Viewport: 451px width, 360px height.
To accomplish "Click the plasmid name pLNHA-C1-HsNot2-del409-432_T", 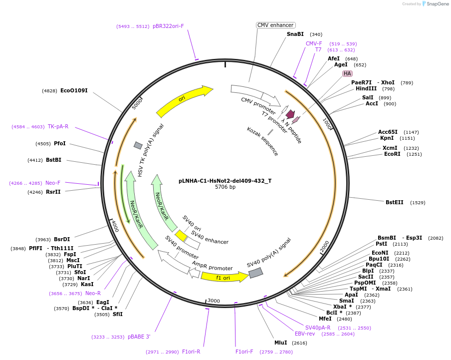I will coord(225,181).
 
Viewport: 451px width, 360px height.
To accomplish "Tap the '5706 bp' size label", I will coord(225,187).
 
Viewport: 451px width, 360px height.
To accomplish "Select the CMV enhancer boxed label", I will coord(276,25).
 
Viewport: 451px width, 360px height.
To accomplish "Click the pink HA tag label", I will coord(347,73).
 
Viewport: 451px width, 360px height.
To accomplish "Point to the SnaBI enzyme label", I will coord(295,34).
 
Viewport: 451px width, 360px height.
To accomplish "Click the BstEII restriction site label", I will coord(395,202).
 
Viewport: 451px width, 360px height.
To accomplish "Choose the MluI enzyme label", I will coord(281,343).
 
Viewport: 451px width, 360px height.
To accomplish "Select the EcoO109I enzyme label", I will coord(74,90).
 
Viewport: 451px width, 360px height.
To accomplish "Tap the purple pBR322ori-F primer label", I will coord(168,26).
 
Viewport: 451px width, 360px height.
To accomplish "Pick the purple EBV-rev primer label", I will coord(305,334).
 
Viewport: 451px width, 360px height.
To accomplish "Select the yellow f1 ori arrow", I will coord(224,277).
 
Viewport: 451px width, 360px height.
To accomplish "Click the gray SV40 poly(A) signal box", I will coord(255,273).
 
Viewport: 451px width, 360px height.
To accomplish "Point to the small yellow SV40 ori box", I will coord(181,235).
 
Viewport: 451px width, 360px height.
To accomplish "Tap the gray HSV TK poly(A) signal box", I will coord(138,145).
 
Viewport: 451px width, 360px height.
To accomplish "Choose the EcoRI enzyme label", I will coord(393,154).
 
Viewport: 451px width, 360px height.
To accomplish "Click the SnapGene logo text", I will coord(438,4).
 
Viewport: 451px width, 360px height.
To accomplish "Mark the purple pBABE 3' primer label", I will coord(139,337).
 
